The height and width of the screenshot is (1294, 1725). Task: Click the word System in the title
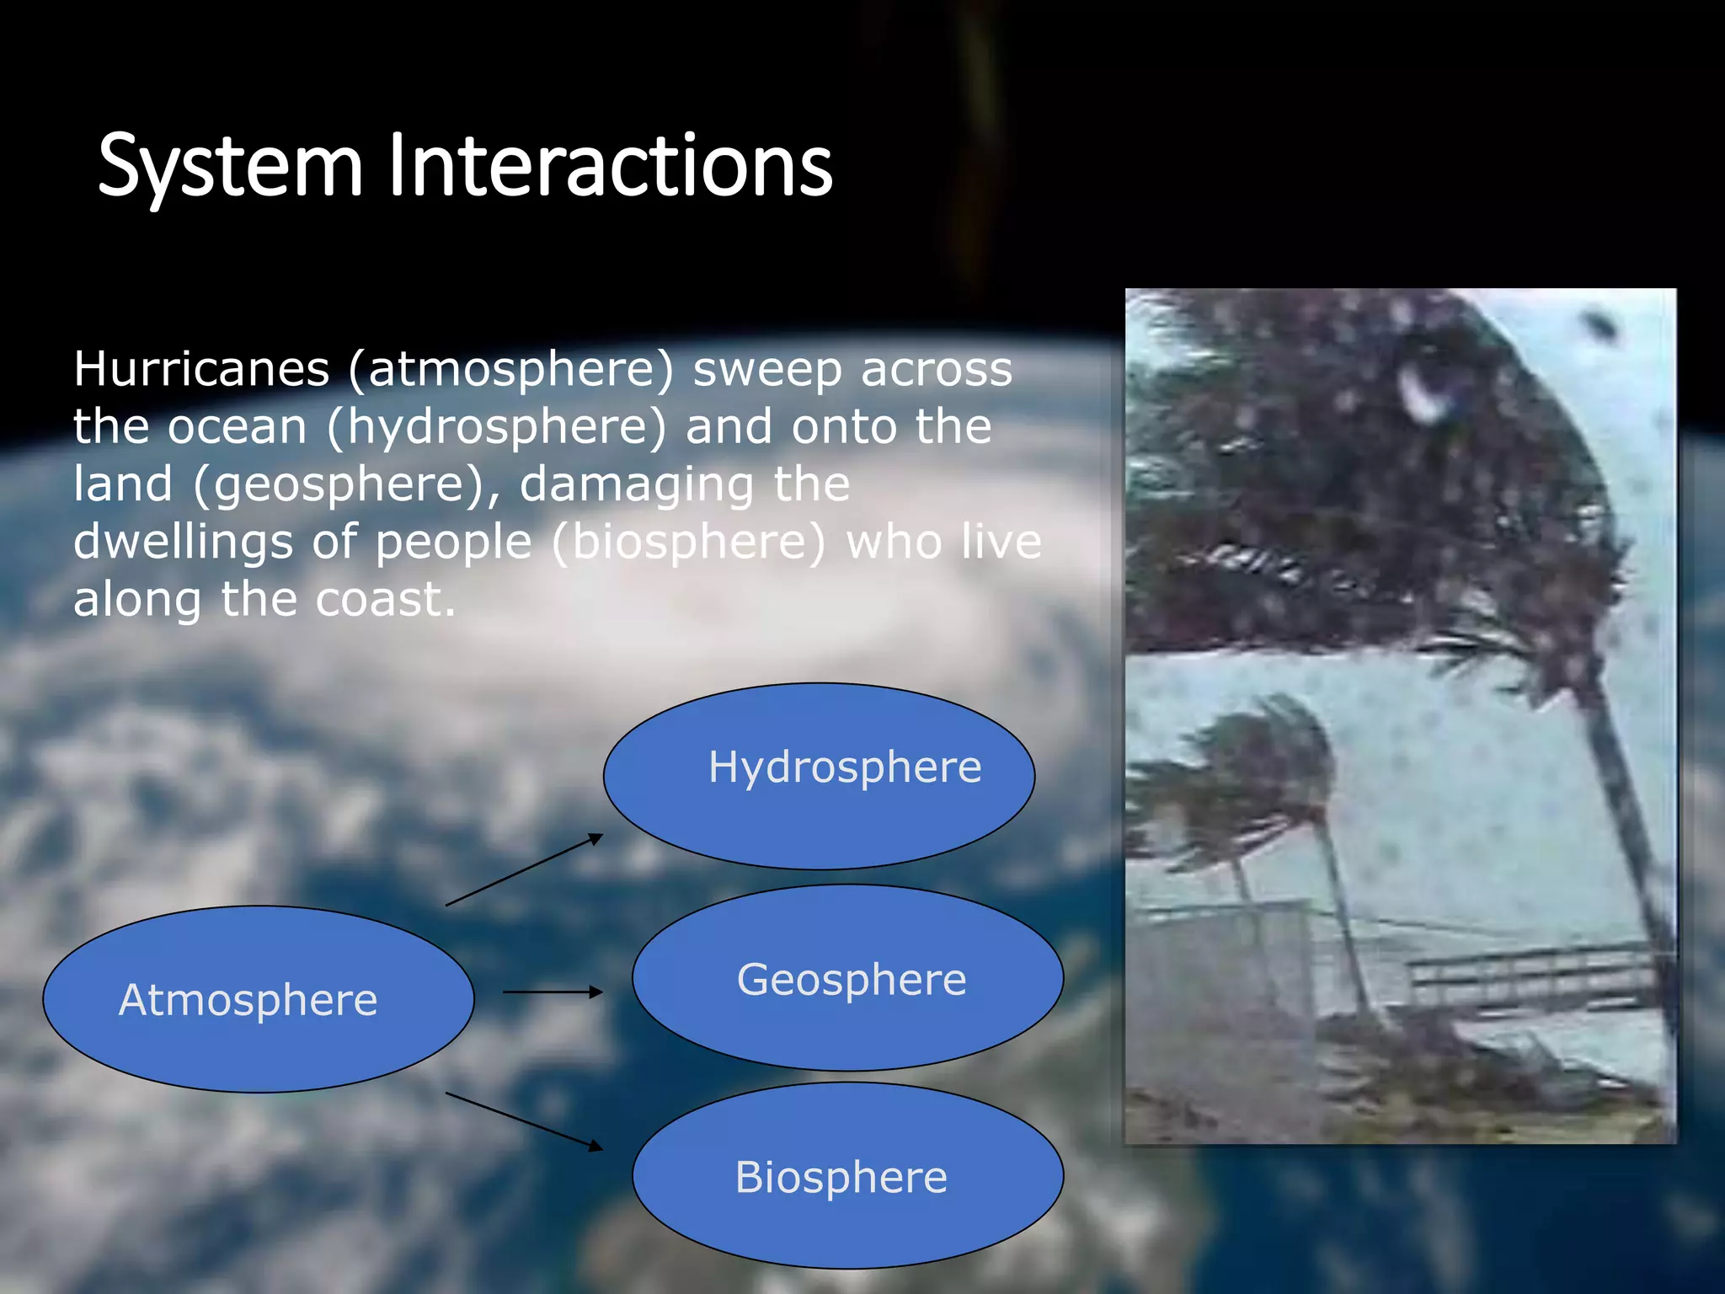pos(229,167)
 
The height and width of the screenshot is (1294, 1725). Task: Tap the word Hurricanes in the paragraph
pos(201,370)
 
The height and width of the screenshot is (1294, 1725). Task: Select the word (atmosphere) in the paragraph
pos(511,370)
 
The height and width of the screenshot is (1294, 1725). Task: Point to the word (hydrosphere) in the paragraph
pos(497,427)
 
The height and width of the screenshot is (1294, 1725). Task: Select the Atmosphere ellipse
pos(258,1000)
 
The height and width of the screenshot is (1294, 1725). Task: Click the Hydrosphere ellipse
pos(819,776)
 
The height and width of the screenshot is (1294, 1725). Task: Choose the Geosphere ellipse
pos(847,978)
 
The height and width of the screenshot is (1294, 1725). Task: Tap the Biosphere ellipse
pos(847,1176)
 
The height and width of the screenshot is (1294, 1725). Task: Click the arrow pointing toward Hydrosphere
pos(524,869)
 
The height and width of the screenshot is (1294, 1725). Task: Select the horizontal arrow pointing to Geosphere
pos(553,992)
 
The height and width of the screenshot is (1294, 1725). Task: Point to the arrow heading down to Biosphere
pos(524,1120)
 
